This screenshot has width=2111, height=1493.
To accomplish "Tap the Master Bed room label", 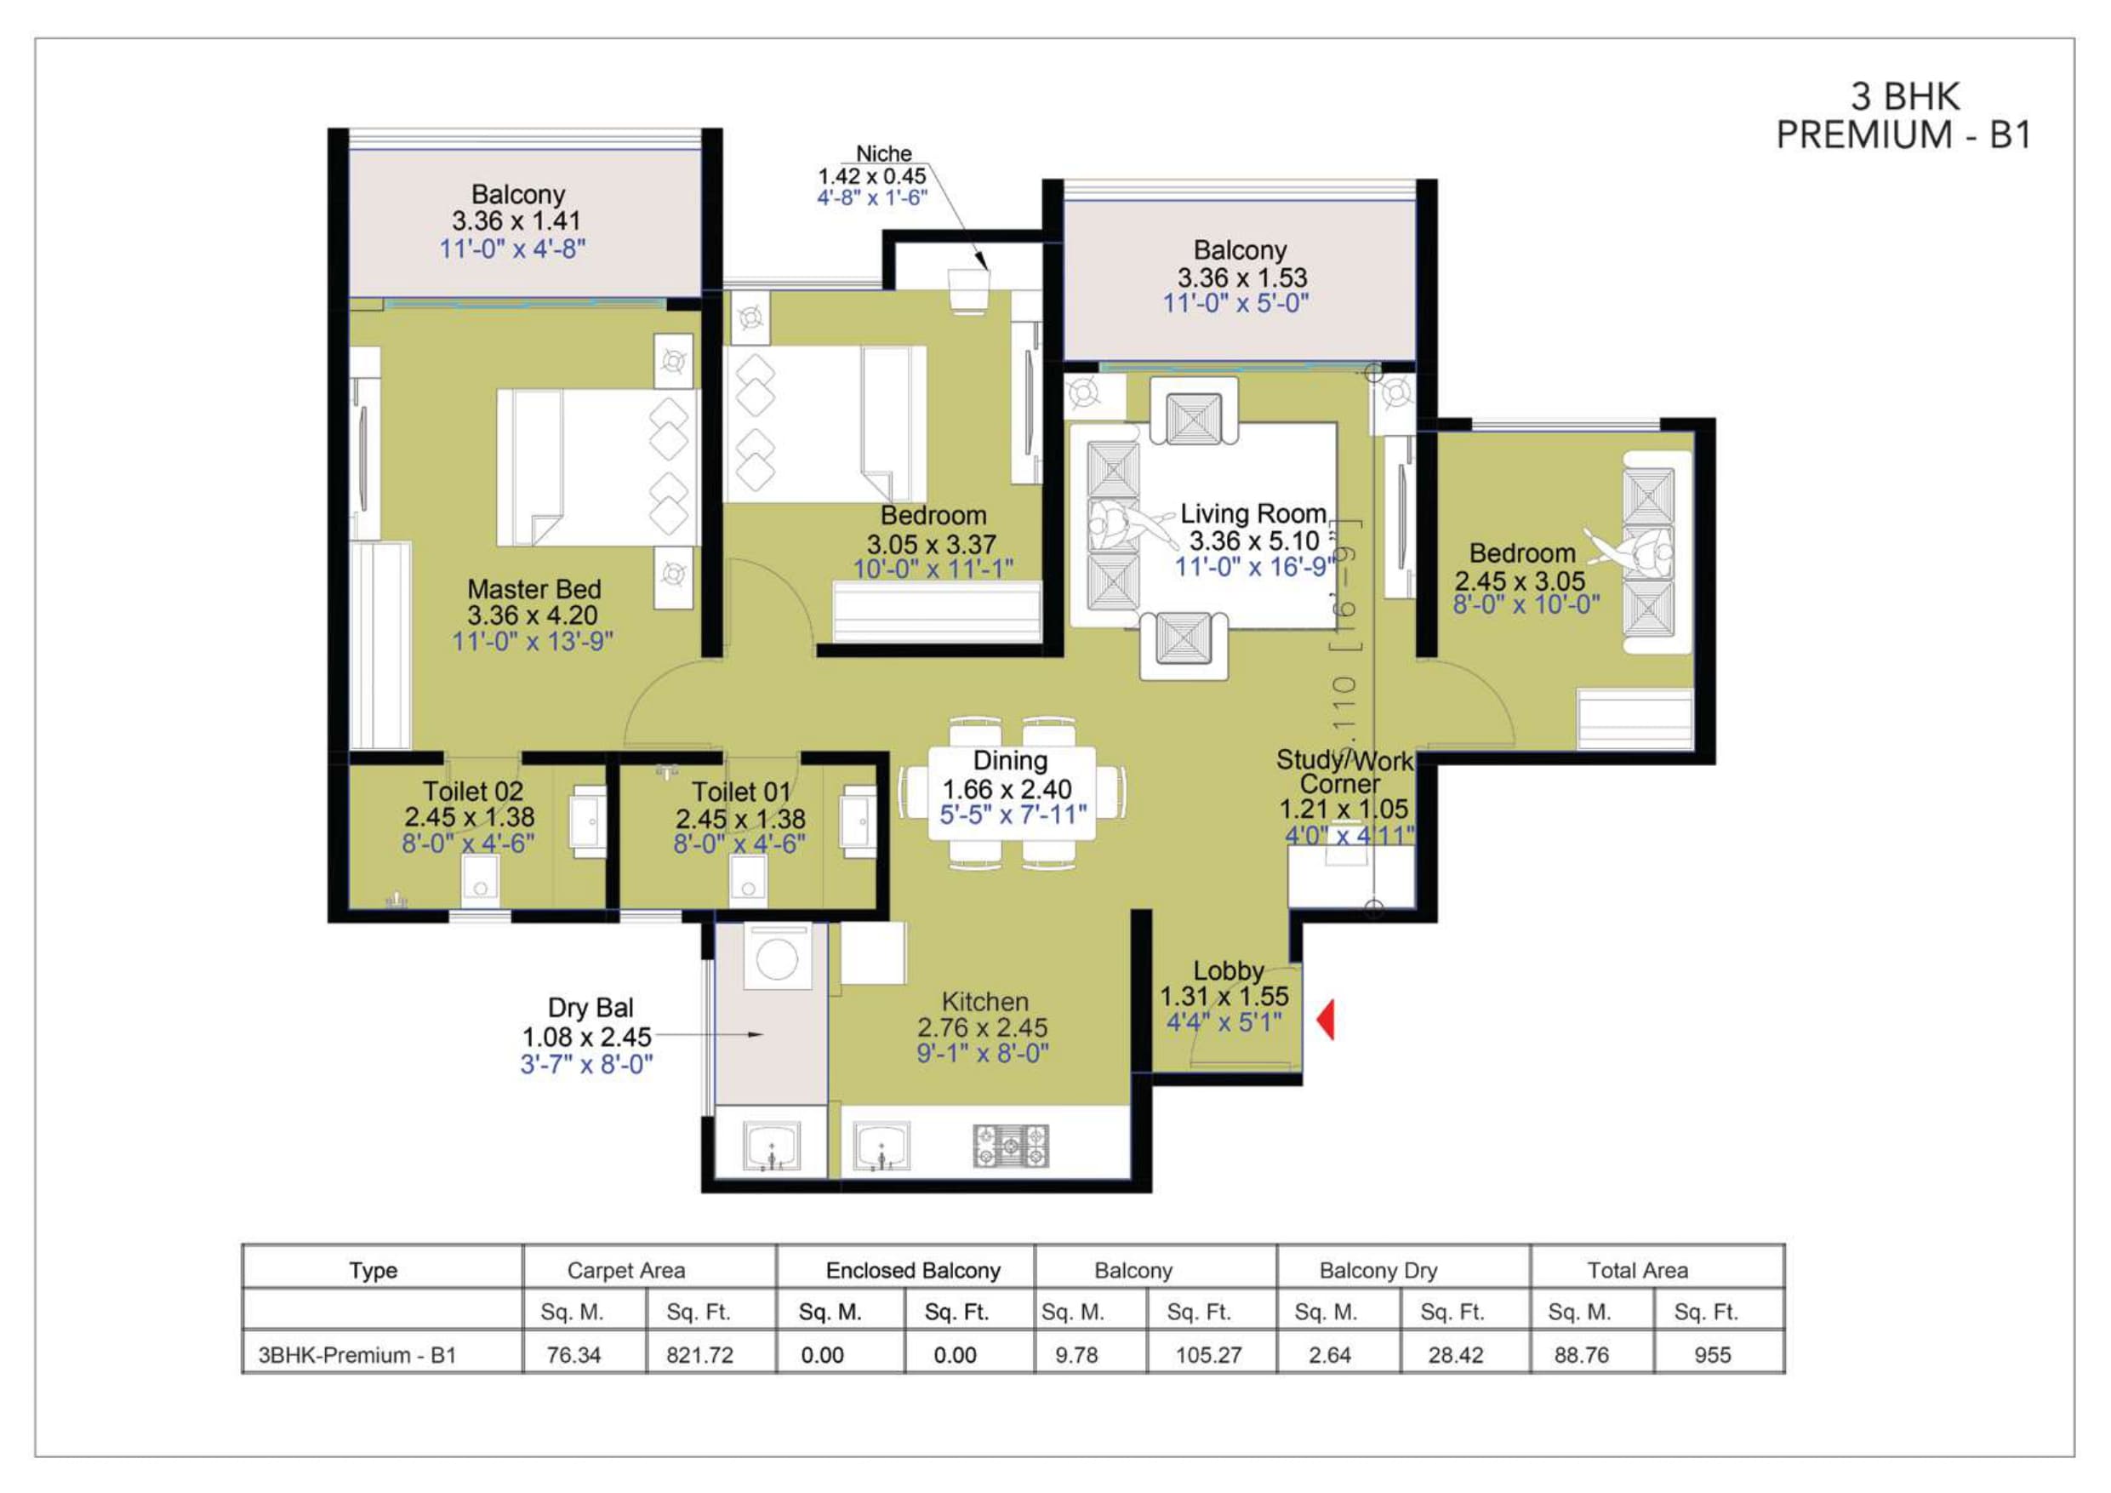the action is pyautogui.click(x=533, y=589).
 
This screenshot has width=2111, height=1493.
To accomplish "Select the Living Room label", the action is pyautogui.click(x=1253, y=513).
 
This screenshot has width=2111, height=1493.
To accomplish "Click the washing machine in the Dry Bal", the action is pyautogui.click(x=777, y=958).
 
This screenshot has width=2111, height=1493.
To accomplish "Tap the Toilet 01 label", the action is pyautogui.click(x=741, y=792).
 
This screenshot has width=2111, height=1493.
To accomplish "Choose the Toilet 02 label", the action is pyautogui.click(x=472, y=791).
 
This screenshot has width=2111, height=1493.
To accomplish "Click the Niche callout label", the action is pyautogui.click(x=883, y=153).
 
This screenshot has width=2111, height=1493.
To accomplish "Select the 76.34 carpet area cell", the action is pyautogui.click(x=573, y=1354).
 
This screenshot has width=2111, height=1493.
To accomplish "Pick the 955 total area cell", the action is pyautogui.click(x=1712, y=1354).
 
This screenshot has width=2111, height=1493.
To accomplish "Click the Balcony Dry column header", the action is pyautogui.click(x=1378, y=1270).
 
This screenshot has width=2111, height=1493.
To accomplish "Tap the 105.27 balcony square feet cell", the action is pyautogui.click(x=1208, y=1354).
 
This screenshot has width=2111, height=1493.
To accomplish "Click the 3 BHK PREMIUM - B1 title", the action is pyautogui.click(x=1903, y=115).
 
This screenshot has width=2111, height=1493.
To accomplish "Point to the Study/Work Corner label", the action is pyautogui.click(x=1344, y=772).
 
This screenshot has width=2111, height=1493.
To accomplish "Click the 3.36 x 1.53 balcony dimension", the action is pyautogui.click(x=1241, y=277).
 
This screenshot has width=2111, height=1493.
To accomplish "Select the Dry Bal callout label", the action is pyautogui.click(x=591, y=1007).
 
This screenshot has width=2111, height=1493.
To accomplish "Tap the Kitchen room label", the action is pyautogui.click(x=984, y=1002).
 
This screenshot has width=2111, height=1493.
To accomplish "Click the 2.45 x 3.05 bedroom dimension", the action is pyautogui.click(x=1520, y=581).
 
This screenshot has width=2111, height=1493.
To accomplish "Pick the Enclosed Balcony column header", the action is pyautogui.click(x=913, y=1270).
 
